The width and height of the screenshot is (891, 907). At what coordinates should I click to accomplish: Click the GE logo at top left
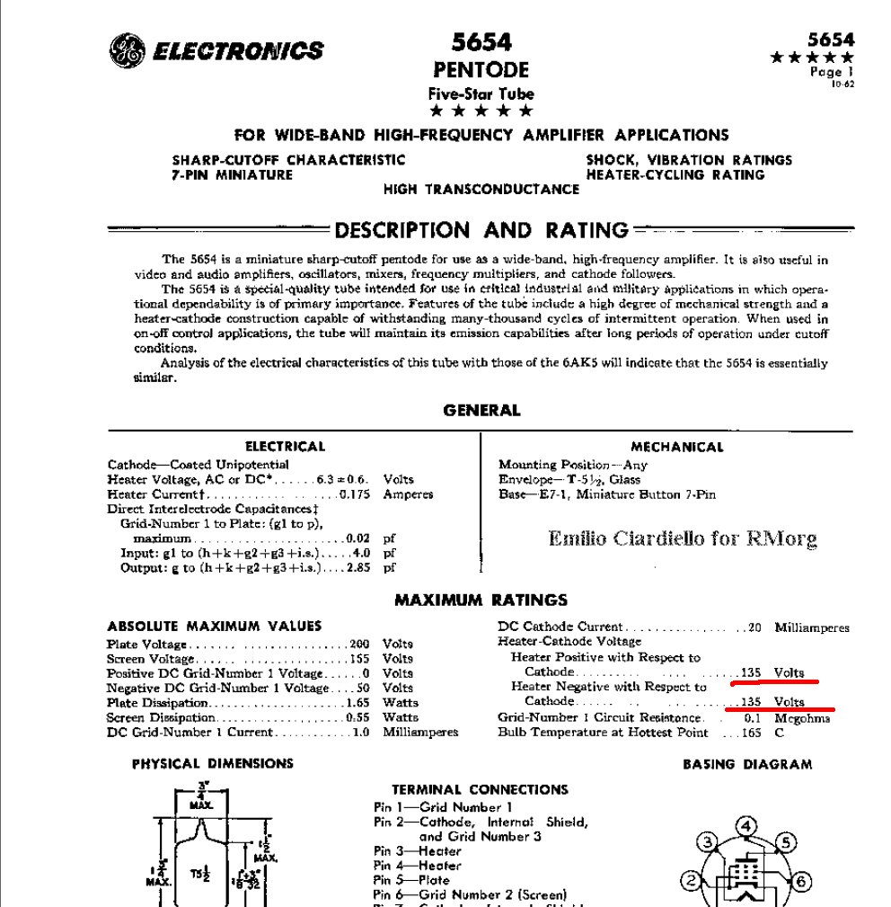pos(125,50)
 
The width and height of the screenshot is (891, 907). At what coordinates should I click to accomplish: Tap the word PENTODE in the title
pos(481,70)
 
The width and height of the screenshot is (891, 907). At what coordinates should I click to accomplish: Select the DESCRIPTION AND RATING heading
pos(481,230)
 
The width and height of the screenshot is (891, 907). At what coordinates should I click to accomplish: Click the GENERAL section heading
pos(481,411)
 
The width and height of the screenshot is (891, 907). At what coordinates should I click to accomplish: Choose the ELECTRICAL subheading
pos(285,447)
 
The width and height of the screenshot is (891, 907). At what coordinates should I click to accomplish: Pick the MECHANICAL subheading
pos(676,447)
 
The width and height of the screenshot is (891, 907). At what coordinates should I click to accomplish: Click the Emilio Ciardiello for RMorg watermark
pos(683,539)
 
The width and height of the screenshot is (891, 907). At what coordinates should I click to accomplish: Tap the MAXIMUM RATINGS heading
pos(481,600)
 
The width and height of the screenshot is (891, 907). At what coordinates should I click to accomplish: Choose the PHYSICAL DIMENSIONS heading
pos(213,764)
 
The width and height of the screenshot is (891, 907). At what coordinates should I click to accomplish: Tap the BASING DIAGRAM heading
pos(747,765)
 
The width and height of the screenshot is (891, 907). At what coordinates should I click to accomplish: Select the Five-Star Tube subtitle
pos(481,93)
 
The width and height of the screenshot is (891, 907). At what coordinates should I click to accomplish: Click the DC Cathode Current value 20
pos(754,627)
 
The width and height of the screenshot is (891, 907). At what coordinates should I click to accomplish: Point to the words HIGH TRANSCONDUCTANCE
pos(481,190)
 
